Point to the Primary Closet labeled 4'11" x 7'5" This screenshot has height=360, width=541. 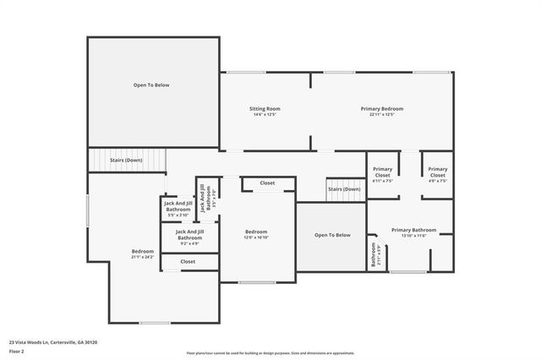(383, 176)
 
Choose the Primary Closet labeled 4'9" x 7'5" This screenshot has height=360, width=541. (437, 176)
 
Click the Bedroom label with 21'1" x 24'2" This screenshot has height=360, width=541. (143, 254)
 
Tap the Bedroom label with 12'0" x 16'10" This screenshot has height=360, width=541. (256, 234)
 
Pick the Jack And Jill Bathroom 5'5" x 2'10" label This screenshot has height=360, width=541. (177, 208)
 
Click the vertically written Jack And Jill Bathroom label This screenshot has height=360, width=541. (202, 196)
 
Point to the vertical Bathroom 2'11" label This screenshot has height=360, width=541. (373, 256)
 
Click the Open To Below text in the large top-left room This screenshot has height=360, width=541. (151, 85)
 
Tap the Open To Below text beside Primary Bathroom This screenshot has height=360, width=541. (332, 235)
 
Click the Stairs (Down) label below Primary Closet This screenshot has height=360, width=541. (344, 189)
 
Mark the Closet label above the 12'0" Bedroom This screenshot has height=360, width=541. (267, 183)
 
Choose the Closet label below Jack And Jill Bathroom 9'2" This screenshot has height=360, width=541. (188, 262)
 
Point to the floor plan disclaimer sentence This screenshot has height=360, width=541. (270, 352)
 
